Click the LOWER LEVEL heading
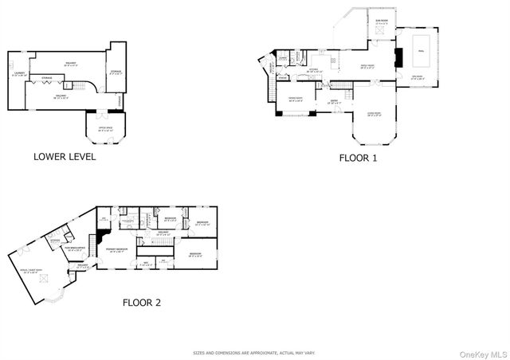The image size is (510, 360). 65,156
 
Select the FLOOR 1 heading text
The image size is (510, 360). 359,158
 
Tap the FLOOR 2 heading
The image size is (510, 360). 142,302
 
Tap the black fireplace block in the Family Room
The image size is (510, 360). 401,57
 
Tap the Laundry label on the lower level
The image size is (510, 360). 19,75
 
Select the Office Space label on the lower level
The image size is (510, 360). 104,128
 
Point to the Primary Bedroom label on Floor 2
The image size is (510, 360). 118,249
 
